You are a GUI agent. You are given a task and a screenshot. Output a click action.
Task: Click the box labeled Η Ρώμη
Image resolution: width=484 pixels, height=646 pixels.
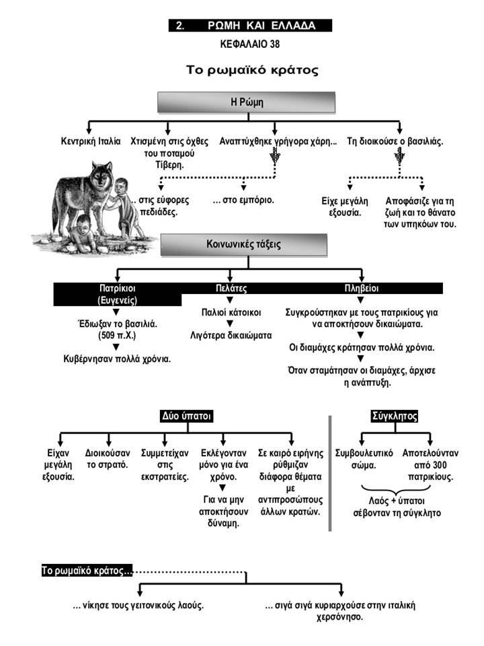coord(246,102)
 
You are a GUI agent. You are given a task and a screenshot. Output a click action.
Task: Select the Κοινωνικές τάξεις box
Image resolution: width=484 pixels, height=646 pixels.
coord(244,244)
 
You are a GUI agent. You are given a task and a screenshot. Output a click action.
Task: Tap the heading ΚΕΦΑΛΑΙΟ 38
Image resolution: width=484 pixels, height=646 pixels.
coord(250,44)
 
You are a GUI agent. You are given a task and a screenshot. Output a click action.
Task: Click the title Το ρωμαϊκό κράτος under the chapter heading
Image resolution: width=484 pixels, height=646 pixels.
coord(252,69)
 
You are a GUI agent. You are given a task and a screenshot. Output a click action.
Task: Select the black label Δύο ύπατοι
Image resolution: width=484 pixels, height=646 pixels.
coord(186,416)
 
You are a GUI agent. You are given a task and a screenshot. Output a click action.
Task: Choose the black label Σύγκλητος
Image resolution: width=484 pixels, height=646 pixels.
coord(395,416)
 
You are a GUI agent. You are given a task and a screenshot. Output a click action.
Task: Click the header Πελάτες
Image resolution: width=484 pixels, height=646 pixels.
coord(231,288)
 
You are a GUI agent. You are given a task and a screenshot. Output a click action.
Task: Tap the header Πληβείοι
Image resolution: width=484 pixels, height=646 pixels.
coord(361,288)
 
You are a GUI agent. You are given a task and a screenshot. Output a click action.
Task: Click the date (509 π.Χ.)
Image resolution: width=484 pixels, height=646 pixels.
coord(117,335)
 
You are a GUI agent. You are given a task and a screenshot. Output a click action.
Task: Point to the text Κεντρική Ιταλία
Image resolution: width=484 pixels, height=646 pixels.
coord(91,141)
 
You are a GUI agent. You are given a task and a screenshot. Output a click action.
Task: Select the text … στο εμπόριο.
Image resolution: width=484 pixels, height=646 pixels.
coord(243,201)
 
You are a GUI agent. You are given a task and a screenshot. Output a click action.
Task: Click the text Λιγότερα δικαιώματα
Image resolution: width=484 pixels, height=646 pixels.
coord(231,335)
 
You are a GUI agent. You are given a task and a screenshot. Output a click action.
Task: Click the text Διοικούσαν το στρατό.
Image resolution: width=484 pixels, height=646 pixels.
coord(108,459)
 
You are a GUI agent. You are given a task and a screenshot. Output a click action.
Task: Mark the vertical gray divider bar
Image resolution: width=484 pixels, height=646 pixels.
coord(329,473)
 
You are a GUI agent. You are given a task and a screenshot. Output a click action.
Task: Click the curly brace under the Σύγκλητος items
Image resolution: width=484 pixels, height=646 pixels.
coord(396,491)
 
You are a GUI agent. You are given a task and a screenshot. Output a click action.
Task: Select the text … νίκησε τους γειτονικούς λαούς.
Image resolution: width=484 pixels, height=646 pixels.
coord(138,606)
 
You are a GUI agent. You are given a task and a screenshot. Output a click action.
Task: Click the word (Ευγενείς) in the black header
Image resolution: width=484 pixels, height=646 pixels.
coord(117,300)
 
